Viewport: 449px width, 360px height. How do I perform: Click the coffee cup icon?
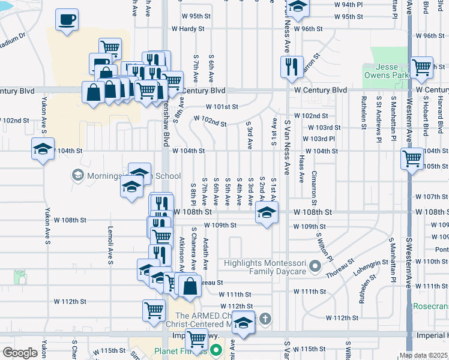pos(67,20)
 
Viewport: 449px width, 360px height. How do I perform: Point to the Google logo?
pos(20,352)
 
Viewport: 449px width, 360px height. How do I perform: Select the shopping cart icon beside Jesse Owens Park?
pos(421,67)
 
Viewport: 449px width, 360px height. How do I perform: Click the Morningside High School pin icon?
pos(77,175)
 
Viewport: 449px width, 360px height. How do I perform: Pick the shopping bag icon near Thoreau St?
pos(190,287)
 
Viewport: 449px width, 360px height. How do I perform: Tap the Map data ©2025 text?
pos(423,355)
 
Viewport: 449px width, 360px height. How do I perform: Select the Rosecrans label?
pos(430,306)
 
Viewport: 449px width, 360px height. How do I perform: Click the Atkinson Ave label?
pos(182,252)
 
